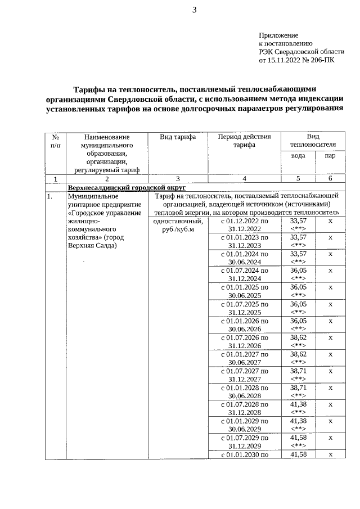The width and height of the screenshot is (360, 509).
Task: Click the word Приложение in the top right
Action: [278, 35]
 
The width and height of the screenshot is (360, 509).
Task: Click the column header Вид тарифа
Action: [178, 137]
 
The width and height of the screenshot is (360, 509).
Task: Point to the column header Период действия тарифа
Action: [245, 141]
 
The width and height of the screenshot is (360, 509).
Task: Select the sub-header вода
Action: [298, 156]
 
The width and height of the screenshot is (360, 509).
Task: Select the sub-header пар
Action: [330, 156]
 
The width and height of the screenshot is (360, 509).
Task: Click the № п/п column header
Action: [56, 141]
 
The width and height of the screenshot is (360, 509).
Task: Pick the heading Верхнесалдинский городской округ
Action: [127, 187]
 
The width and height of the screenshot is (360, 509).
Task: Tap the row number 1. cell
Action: [50, 196]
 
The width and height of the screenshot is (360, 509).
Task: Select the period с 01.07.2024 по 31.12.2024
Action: [245, 274]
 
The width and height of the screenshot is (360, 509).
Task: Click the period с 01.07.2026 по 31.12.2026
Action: [245, 341]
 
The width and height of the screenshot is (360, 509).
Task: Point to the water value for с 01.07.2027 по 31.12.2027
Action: [298, 375]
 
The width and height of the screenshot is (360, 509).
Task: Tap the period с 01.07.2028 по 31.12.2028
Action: [245, 408]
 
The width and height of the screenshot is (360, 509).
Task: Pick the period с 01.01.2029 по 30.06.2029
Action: [245, 425]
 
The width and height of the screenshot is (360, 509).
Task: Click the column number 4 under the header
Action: [245, 178]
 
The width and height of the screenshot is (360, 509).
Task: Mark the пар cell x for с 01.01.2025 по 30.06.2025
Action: [330, 287]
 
